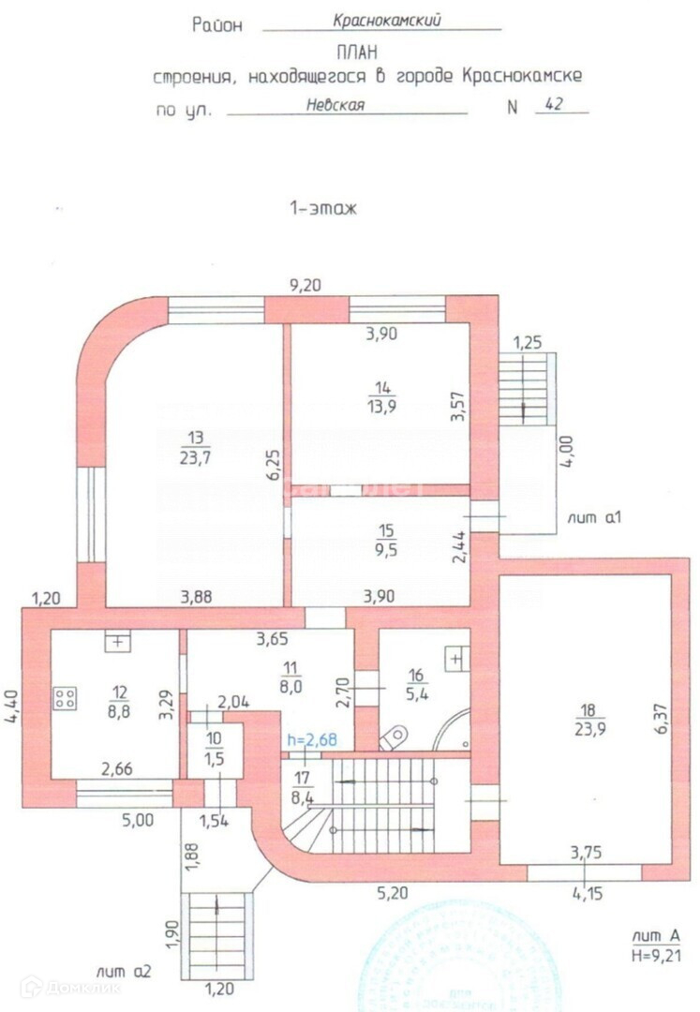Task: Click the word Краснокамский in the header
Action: (x=386, y=19)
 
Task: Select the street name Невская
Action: (x=336, y=105)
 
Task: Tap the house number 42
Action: (x=553, y=105)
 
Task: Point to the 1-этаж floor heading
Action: (x=323, y=211)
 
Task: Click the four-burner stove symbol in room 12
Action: (x=66, y=697)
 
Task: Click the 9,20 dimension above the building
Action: (x=305, y=286)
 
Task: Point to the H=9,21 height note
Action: (x=655, y=954)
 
